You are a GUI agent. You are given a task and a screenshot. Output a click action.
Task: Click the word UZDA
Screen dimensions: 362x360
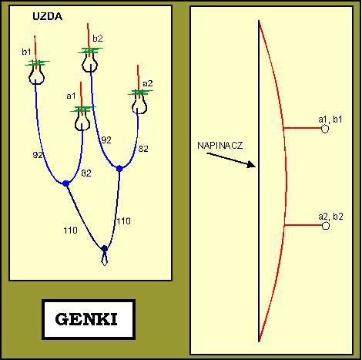(x=48, y=16)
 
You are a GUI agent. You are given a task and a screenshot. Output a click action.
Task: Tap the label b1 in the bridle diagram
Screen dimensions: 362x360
(x=26, y=52)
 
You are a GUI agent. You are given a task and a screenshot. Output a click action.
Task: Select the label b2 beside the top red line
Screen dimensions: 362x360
(x=98, y=39)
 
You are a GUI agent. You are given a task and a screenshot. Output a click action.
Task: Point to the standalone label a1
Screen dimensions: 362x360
(x=71, y=96)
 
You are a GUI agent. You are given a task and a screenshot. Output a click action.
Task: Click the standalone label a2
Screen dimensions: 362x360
(x=148, y=83)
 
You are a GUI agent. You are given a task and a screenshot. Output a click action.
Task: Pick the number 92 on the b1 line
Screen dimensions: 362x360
(x=38, y=155)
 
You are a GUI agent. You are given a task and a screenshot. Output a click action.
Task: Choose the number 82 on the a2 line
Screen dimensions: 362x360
(x=143, y=149)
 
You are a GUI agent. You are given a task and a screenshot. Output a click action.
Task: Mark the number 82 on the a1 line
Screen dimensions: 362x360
(x=86, y=173)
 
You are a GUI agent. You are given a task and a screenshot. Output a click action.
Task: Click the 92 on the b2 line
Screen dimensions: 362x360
(x=106, y=140)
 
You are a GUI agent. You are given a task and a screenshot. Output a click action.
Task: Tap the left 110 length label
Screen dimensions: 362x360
(x=70, y=230)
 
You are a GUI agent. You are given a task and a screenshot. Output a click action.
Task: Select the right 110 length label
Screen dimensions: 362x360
(x=124, y=221)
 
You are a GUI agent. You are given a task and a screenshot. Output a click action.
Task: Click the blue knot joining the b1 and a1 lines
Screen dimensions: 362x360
(x=66, y=183)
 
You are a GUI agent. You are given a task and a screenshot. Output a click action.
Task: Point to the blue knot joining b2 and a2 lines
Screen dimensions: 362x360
(x=119, y=169)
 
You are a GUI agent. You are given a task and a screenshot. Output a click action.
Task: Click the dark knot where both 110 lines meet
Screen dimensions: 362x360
(x=104, y=248)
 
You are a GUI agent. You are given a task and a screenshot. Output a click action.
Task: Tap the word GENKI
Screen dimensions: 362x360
(x=86, y=319)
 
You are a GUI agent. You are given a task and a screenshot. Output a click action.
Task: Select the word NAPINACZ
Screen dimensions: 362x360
(x=220, y=146)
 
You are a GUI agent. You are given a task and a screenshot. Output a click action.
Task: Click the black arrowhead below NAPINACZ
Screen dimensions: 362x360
(x=251, y=164)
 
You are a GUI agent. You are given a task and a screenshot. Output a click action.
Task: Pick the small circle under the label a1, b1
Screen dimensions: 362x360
(x=325, y=129)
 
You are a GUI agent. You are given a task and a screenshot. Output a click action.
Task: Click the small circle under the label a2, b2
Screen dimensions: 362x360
(x=326, y=226)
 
